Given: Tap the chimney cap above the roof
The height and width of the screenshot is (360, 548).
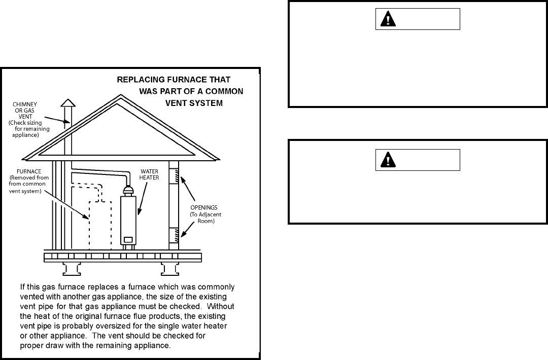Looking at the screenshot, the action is [x=67, y=103].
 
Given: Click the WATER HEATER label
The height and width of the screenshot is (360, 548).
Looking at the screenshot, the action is [x=150, y=174].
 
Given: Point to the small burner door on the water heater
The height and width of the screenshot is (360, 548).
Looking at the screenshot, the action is [x=129, y=240].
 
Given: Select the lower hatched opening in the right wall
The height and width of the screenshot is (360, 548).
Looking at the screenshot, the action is [x=175, y=234].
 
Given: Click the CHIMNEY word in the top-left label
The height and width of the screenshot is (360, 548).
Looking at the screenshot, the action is [x=25, y=104].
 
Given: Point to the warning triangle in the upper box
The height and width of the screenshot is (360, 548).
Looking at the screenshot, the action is [x=388, y=19].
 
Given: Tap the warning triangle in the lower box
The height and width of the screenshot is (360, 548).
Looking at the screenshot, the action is [x=388, y=160].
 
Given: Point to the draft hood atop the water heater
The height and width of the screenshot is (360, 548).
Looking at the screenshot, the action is [x=128, y=191].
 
